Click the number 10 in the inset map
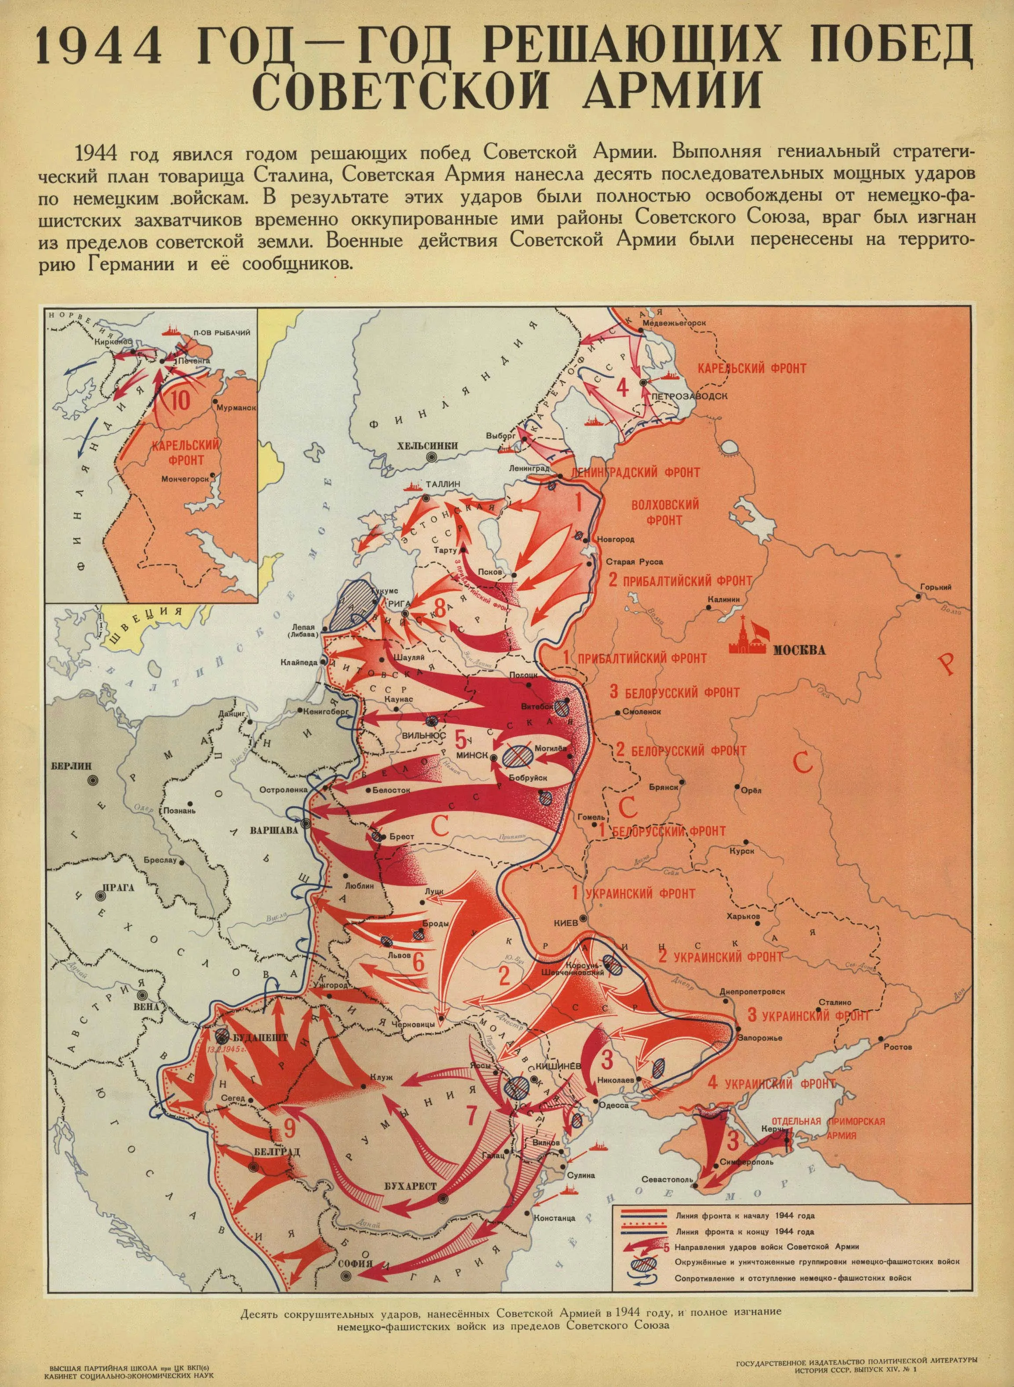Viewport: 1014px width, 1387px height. point(180,400)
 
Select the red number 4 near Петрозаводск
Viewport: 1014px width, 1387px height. point(622,387)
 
